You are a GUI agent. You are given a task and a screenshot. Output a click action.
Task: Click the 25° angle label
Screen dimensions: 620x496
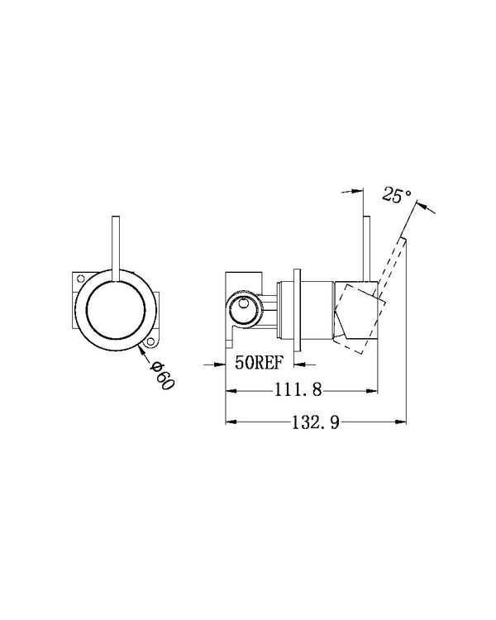pyautogui.click(x=397, y=196)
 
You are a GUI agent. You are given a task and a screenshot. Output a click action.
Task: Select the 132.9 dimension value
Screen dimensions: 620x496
pyautogui.click(x=314, y=422)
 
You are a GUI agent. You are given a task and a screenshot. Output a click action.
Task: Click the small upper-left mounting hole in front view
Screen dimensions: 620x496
pyautogui.click(x=80, y=279)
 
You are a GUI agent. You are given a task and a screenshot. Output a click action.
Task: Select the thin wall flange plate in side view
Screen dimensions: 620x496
pyautogui.click(x=299, y=311)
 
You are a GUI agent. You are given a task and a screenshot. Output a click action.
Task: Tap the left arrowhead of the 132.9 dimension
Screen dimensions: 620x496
pyautogui.click(x=231, y=422)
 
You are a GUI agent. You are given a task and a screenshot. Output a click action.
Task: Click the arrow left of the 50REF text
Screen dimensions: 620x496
pyautogui.click(x=212, y=362)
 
